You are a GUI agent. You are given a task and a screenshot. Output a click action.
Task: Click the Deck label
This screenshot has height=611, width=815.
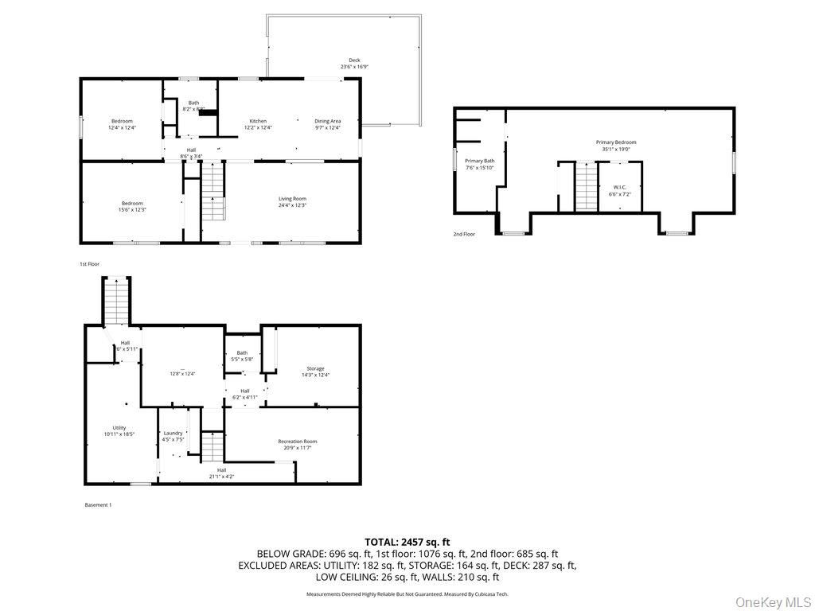(354, 60)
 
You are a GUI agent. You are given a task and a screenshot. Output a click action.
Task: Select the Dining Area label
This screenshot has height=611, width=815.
(327, 121)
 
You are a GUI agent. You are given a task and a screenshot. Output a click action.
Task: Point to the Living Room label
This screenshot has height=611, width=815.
(292, 199)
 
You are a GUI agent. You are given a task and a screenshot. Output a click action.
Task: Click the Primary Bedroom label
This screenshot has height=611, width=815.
(616, 142)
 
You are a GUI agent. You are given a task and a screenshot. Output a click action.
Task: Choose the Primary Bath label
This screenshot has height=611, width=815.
(480, 161)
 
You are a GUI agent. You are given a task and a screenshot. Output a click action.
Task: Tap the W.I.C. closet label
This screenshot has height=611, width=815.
(619, 188)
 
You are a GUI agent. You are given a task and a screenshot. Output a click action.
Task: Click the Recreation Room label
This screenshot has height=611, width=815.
(298, 442)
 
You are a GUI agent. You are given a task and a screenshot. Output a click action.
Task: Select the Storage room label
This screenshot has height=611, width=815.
(316, 368)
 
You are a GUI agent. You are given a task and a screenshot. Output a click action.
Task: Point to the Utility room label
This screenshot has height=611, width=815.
(119, 428)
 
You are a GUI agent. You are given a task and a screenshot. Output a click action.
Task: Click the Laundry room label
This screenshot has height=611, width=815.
(174, 433)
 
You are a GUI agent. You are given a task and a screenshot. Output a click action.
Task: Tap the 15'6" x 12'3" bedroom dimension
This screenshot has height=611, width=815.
(133, 209)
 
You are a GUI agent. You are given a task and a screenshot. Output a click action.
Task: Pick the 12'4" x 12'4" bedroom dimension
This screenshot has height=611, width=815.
(122, 127)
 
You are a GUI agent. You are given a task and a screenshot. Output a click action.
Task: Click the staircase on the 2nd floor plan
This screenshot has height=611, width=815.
(586, 186)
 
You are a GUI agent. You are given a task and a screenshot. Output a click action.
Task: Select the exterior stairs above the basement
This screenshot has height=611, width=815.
(117, 300)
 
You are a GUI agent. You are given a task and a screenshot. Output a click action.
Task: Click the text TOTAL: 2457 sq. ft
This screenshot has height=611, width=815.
(407, 542)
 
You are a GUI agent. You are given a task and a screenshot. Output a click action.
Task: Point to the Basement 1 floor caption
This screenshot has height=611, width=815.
(99, 504)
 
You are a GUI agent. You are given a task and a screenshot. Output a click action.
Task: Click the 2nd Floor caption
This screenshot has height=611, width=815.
(464, 235)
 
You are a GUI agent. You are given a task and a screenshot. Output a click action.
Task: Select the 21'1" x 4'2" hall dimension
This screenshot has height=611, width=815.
(221, 477)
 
